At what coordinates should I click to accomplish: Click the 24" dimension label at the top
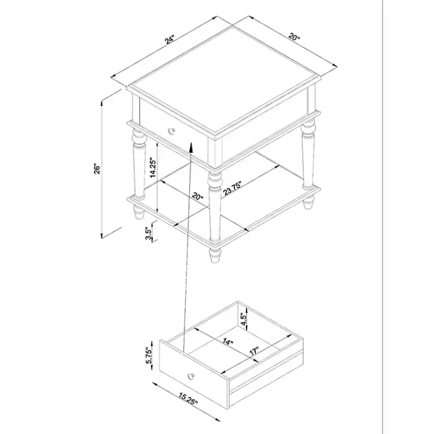point(169,40)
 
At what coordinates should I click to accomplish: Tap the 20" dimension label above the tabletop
point(293,38)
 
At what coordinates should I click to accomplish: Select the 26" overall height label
point(98,168)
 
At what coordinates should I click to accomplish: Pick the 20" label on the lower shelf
point(198,197)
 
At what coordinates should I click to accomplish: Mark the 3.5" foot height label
point(150,233)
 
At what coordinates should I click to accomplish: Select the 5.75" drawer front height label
point(149,355)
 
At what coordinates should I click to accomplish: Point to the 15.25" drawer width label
point(188,400)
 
